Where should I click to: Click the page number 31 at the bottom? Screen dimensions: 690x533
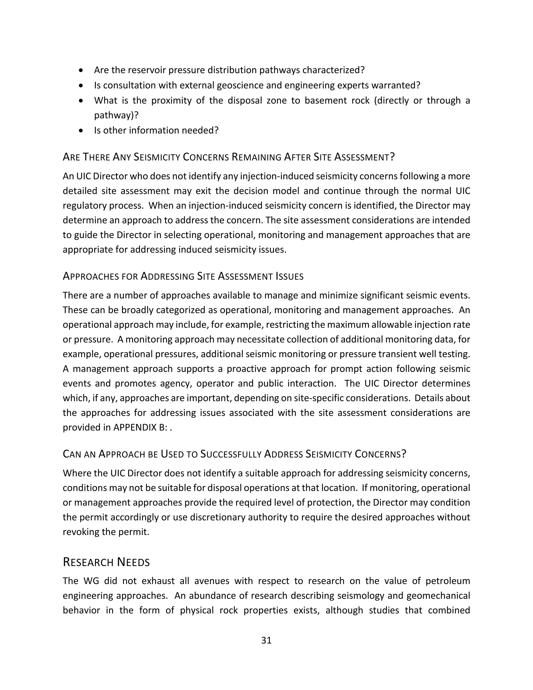coord(266,640)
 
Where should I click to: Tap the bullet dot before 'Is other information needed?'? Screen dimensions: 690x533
coord(81,130)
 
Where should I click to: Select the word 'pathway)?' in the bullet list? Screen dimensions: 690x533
coord(116,115)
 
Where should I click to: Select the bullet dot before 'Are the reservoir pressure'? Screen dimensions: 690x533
coord(81,70)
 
